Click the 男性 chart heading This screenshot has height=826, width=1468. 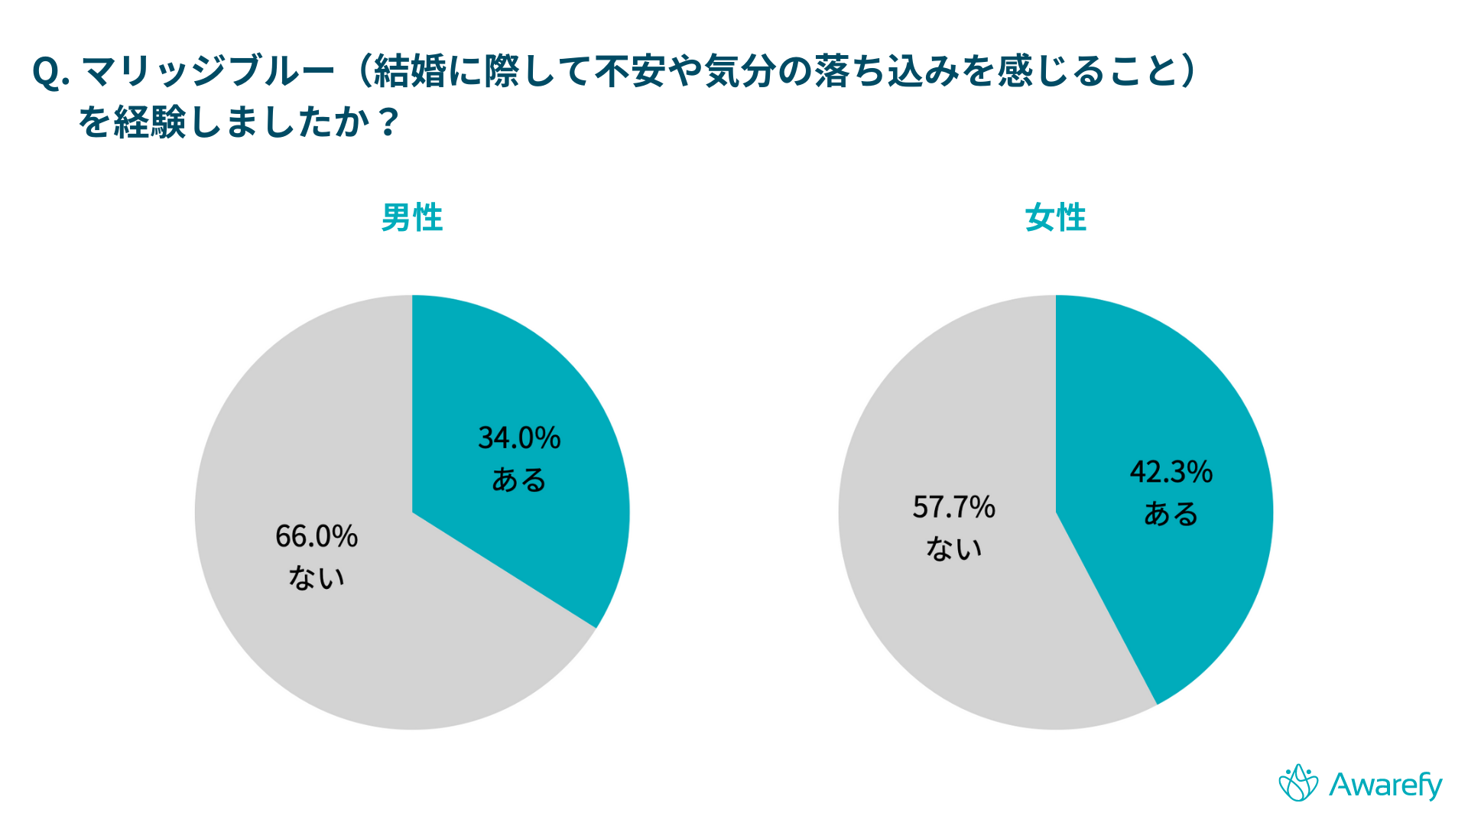tap(412, 218)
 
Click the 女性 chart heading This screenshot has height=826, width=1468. tap(1055, 218)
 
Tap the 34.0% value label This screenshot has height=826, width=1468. tap(519, 438)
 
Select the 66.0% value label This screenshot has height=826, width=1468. tap(317, 536)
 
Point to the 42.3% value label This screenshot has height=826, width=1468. tap(1171, 472)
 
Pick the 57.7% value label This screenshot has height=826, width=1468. tap(953, 507)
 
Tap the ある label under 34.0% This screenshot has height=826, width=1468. tap(519, 480)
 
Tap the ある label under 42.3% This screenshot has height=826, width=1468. tap(1171, 514)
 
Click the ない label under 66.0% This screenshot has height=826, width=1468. tap(317, 578)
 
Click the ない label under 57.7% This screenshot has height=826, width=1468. tap(953, 549)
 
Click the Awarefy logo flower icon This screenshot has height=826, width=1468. tap(1298, 783)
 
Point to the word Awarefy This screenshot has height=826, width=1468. tap(1385, 785)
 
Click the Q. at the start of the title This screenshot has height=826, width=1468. tap(51, 73)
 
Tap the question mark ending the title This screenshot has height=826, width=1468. tap(388, 122)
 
